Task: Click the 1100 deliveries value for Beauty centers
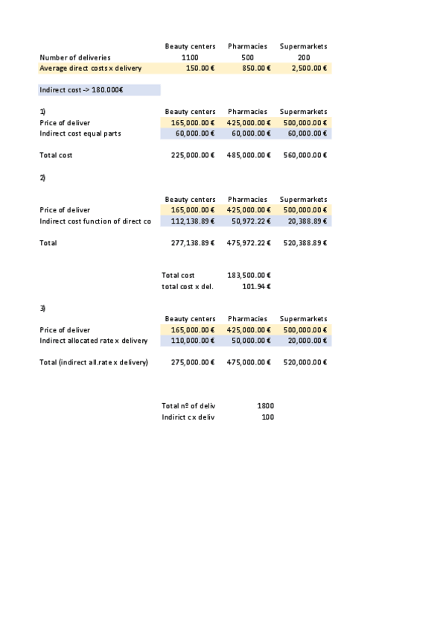point(190,57)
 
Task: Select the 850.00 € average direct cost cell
point(251,69)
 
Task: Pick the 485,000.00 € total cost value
point(249,156)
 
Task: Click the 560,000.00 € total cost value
point(305,156)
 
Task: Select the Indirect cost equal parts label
point(80,133)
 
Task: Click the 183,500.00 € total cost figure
point(249,276)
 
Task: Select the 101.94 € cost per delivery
point(257,286)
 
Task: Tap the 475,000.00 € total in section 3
point(249,362)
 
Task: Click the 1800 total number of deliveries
point(265,406)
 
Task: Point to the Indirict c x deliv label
point(188,417)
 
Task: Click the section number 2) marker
point(42,177)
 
